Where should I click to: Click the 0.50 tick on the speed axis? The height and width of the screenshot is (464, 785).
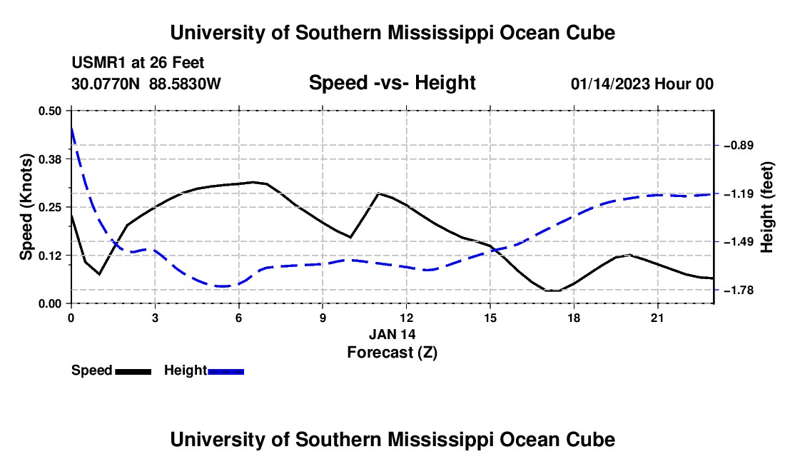point(49,111)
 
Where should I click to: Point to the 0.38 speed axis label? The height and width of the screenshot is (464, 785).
point(49,159)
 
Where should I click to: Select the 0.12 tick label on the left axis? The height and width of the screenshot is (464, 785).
point(49,256)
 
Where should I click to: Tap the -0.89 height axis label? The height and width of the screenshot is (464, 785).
point(739,146)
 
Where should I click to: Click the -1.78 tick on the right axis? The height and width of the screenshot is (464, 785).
point(739,291)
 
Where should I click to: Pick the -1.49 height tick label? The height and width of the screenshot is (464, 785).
point(739,242)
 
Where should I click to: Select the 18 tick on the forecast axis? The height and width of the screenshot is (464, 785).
point(574,318)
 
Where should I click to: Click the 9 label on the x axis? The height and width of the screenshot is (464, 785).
point(323,318)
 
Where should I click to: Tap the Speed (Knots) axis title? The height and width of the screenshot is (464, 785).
point(26,207)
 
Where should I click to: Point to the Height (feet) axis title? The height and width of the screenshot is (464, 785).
point(767,207)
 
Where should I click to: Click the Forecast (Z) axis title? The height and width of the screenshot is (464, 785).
point(392,353)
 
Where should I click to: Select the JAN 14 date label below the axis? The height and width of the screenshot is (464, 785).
point(392,334)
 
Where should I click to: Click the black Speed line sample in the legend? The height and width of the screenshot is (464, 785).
point(133,371)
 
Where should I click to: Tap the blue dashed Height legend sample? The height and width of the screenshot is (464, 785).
point(226,371)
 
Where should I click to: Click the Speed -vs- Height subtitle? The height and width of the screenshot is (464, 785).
point(392,83)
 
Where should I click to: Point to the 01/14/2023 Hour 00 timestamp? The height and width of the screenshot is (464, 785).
point(642,84)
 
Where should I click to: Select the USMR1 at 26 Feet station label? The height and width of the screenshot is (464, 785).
point(138,63)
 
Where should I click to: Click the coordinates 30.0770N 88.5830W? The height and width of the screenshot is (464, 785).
point(146,84)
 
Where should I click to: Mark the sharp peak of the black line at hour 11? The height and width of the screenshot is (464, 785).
point(378,193)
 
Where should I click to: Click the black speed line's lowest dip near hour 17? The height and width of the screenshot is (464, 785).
point(552,291)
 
